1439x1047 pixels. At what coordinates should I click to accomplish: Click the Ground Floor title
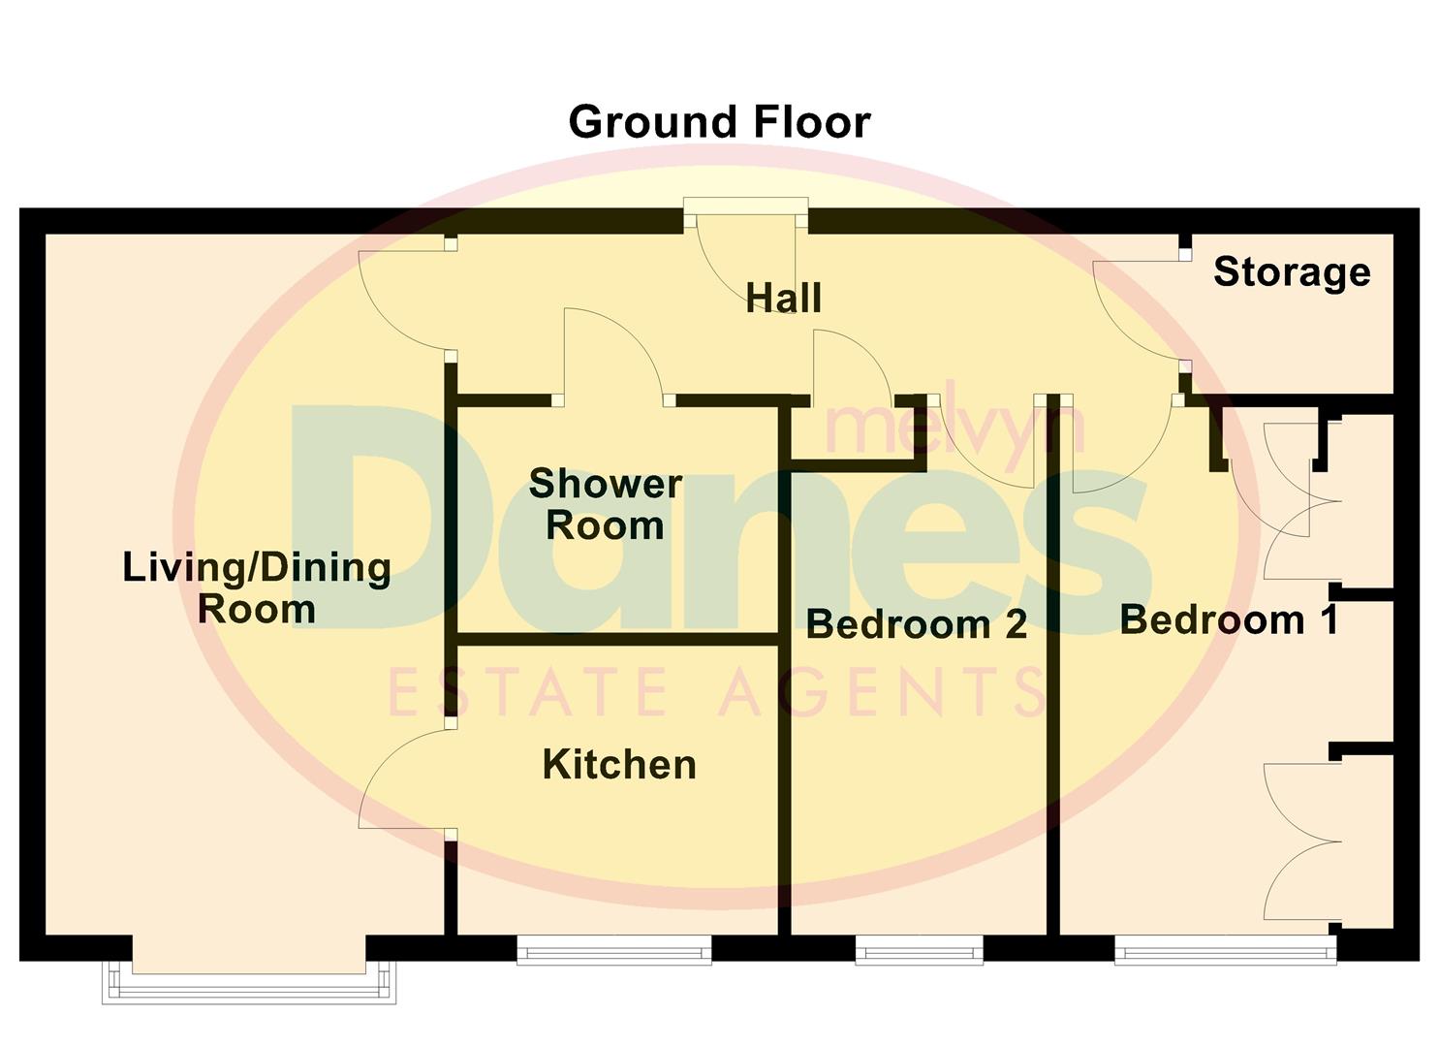(719, 123)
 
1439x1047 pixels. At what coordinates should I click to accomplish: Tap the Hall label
(784, 298)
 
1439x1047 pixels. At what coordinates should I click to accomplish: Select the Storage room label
(1292, 272)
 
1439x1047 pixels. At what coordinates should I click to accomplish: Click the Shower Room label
(606, 504)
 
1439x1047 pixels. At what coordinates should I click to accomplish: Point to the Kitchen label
(619, 765)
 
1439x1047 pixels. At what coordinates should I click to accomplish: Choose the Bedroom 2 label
(916, 624)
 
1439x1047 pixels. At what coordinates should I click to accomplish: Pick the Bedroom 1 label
(1229, 619)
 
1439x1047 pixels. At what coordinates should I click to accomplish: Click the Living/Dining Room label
(257, 587)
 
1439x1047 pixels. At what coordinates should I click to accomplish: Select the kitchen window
(614, 950)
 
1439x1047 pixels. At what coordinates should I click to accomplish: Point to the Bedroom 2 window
(919, 950)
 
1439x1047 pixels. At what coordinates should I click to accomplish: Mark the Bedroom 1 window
(1225, 950)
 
